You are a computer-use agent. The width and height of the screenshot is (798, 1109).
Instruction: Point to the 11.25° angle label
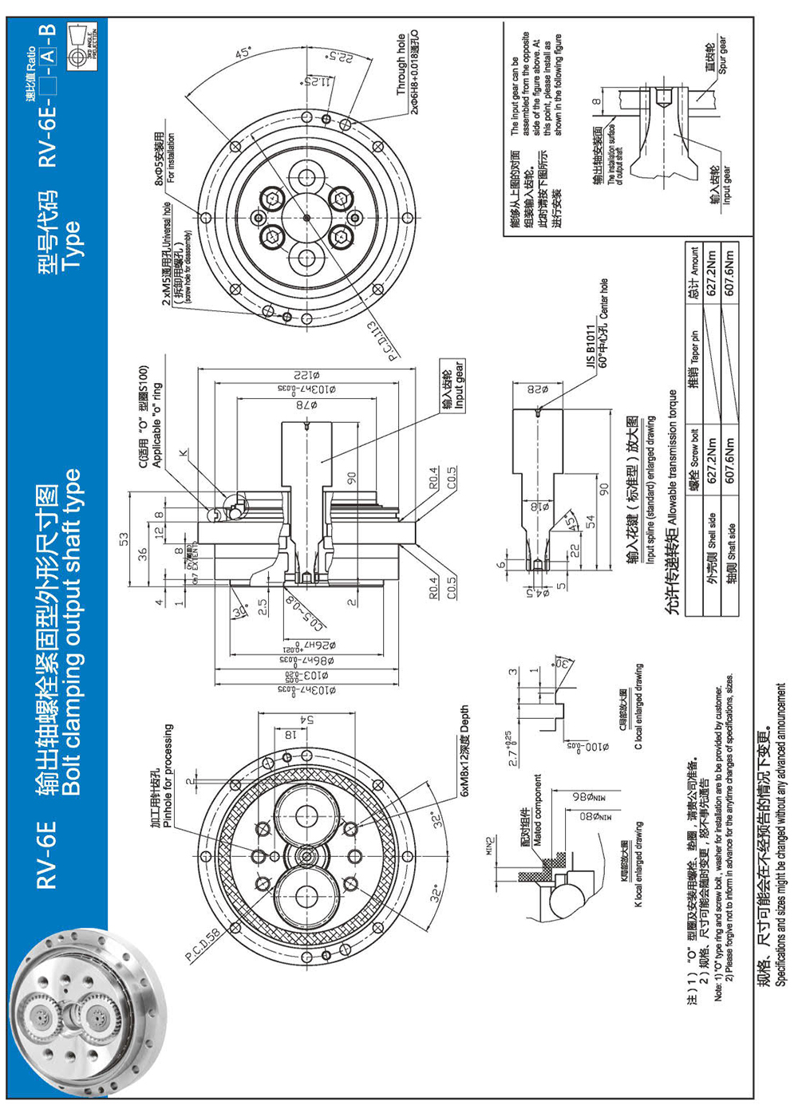coord(316,82)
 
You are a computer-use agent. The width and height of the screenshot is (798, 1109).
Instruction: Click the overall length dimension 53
coord(124,539)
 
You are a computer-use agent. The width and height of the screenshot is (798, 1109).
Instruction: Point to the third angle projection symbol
coord(83,37)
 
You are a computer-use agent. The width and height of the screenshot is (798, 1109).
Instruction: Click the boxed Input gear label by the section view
coord(453,385)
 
